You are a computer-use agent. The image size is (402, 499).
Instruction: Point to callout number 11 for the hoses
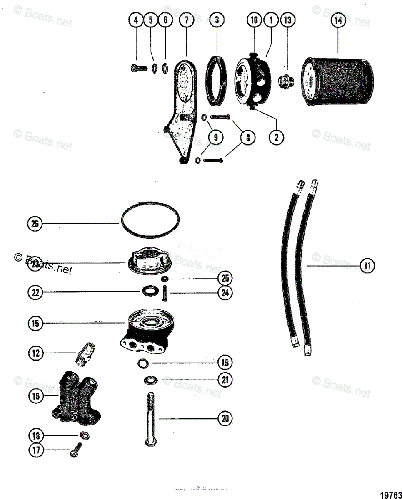point(367,266)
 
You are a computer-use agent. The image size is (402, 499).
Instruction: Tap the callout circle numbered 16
point(36,396)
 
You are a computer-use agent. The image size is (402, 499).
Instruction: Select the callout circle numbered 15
point(36,323)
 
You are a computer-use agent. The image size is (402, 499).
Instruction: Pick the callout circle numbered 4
point(136,20)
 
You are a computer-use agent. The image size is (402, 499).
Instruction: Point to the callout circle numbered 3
point(217,20)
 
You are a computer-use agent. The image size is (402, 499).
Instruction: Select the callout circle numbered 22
point(36,293)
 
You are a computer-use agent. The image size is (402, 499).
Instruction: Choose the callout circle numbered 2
point(276,136)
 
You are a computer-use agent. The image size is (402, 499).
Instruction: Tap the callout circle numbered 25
point(225,278)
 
